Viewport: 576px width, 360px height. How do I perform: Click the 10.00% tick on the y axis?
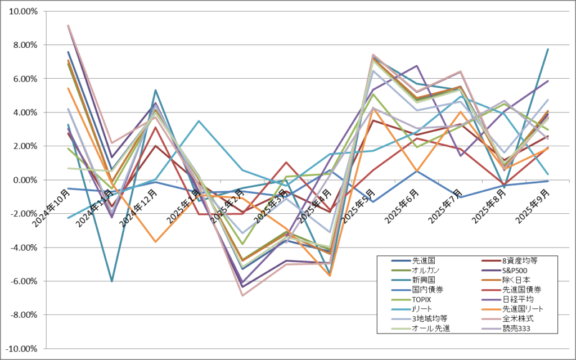click(x=22, y=11)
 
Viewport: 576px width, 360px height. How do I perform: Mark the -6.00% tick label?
click(x=22, y=281)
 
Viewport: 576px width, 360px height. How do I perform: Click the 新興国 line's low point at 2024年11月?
click(x=112, y=281)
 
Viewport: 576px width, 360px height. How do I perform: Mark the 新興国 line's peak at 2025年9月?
click(x=547, y=49)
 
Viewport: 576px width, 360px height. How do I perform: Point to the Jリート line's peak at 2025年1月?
click(x=199, y=121)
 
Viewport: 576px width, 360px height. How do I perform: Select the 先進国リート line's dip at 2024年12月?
click(x=155, y=242)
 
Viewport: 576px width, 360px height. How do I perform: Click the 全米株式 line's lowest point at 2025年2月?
click(x=242, y=295)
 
